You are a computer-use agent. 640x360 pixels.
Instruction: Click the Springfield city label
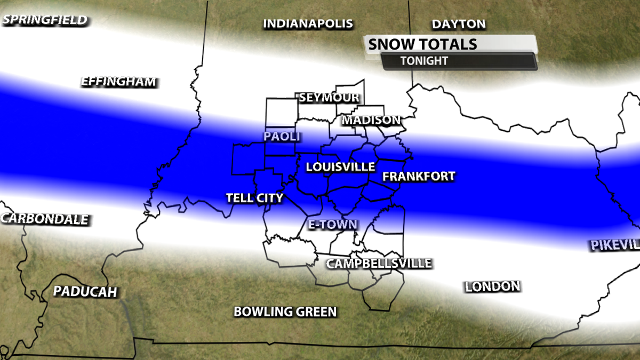[44, 20]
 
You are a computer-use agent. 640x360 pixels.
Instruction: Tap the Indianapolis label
[308, 23]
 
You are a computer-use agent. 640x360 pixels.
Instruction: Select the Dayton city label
[459, 24]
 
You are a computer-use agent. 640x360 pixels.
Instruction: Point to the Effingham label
[118, 82]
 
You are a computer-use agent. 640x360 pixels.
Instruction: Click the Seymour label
[329, 98]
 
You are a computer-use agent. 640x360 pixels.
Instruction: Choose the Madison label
[371, 120]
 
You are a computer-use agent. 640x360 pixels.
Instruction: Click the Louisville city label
[340, 167]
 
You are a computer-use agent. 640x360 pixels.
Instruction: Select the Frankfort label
[419, 176]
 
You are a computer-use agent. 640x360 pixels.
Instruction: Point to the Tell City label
[254, 198]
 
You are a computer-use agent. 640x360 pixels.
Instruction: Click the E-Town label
[333, 225]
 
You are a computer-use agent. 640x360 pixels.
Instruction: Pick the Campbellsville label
[379, 263]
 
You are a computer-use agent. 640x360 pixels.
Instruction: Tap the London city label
[492, 286]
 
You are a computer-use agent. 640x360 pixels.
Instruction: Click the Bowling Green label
[285, 311]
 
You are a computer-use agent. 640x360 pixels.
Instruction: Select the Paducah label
[85, 291]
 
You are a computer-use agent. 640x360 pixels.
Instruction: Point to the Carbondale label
[45, 219]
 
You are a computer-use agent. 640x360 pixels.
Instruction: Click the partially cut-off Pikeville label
[615, 245]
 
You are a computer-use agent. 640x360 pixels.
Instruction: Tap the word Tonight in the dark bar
[424, 61]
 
